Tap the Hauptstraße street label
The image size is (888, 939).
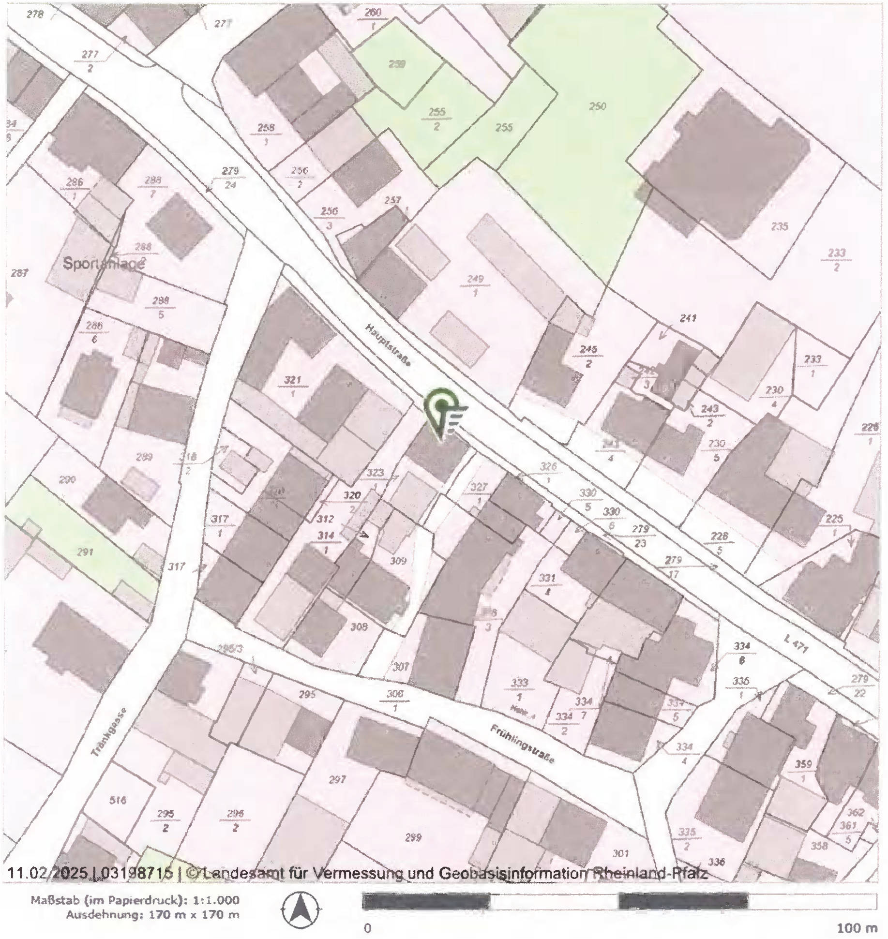pos(388,345)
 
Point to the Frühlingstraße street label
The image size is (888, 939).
pos(522,745)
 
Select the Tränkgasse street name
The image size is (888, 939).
pos(109,732)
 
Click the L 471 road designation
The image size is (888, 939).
pos(796,643)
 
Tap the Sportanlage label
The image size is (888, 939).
pos(104,264)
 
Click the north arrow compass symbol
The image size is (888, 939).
pos(301,909)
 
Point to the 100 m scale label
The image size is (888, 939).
pos(857,928)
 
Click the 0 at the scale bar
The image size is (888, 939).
pos(368,928)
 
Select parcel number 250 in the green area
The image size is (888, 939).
pos(598,106)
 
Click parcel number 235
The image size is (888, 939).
pos(779,226)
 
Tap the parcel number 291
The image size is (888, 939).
pos(85,551)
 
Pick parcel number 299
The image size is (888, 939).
pos(413,837)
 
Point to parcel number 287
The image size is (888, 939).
pos(19,273)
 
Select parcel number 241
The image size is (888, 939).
pos(688,318)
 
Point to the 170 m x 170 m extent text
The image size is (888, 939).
pos(194,915)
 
